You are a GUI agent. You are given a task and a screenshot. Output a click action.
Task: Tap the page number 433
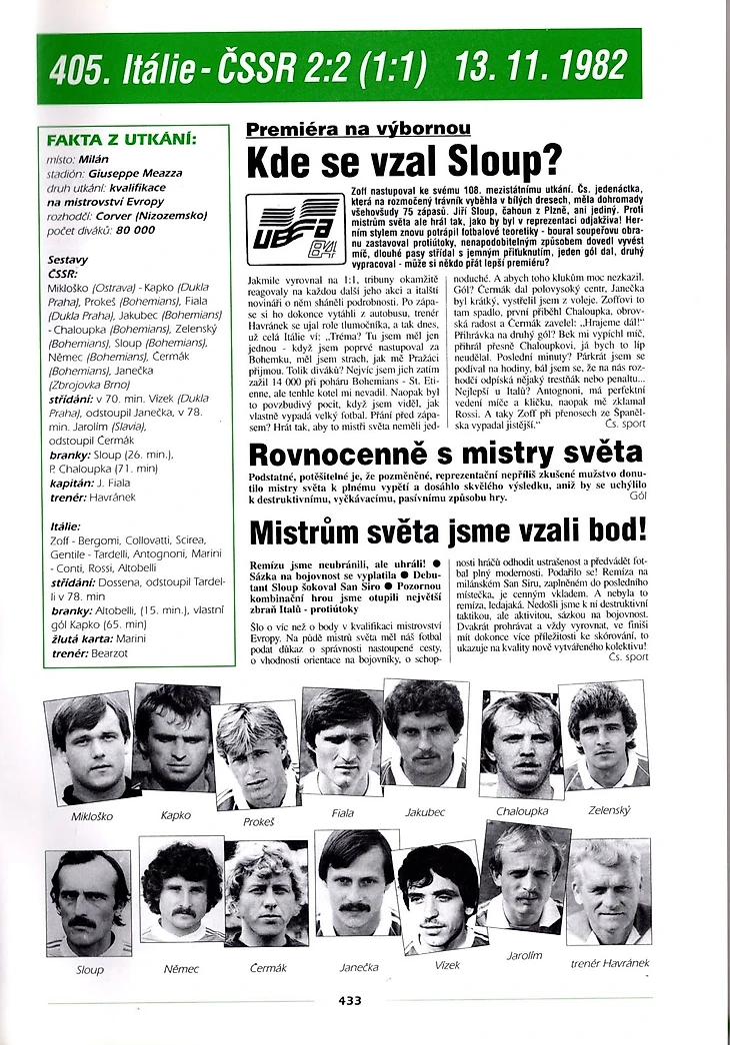[x=350, y=1000]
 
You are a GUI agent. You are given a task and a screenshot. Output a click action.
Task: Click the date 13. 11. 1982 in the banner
[x=540, y=69]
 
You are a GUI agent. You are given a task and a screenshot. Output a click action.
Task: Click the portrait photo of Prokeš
[x=257, y=754]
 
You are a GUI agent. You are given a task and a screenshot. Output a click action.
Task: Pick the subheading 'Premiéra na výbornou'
[x=358, y=129]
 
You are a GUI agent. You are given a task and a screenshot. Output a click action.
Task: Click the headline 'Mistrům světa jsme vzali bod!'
[x=447, y=533]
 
